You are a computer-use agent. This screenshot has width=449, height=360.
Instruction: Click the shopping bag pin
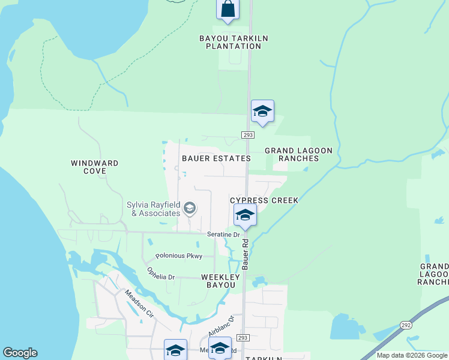click(228, 9)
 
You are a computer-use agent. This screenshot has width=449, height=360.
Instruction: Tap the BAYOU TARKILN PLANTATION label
click(234, 42)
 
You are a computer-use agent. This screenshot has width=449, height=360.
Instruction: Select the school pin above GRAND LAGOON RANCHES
click(262, 111)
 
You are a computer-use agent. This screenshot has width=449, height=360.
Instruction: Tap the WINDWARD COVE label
click(94, 167)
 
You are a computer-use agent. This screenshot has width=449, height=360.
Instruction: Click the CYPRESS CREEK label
click(264, 200)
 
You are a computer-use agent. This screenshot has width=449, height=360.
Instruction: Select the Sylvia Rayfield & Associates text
click(154, 209)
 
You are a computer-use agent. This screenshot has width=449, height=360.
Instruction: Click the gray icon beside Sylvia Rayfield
click(190, 209)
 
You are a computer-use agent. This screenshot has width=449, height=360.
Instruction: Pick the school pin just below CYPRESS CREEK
click(245, 215)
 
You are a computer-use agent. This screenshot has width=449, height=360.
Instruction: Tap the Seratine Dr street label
click(223, 235)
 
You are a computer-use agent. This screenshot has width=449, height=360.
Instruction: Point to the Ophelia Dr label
click(160, 274)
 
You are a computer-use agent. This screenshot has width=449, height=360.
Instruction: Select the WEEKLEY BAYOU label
click(220, 281)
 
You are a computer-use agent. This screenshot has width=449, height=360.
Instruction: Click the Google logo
click(20, 353)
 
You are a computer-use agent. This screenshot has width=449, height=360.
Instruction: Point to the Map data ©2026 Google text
click(412, 355)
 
